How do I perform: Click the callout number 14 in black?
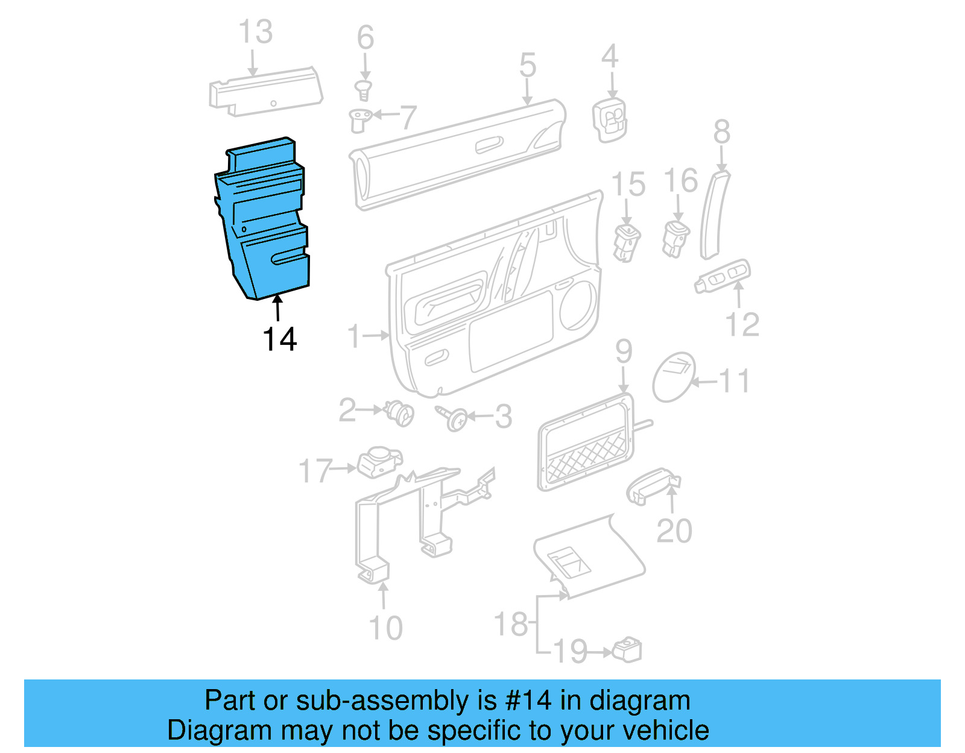pos(279,339)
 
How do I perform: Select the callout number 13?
pos(255,32)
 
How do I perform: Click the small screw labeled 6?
pos(364,90)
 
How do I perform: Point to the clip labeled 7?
pos(360,119)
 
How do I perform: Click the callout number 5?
pos(527,65)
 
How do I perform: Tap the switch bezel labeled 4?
pos(610,120)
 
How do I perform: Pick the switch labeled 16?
pos(675,238)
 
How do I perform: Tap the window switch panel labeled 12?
pos(723,277)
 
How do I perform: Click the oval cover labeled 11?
pos(674,377)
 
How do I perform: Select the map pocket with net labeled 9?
pos(585,443)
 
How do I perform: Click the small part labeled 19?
pos(627,649)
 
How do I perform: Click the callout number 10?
pos(385,628)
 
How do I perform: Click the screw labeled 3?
pos(453,417)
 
